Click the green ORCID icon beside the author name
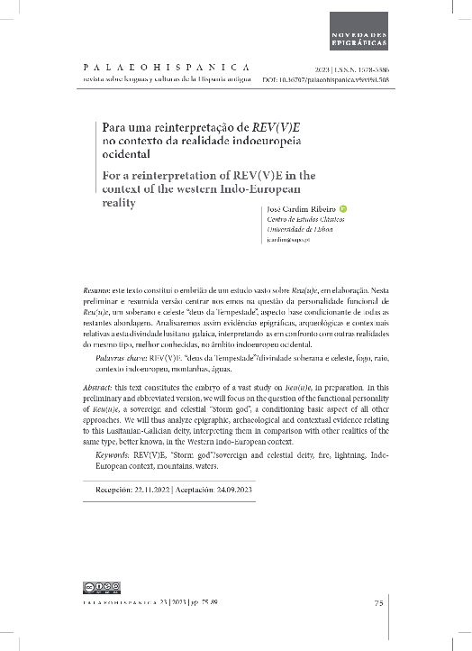[343, 210]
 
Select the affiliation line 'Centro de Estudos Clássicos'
[301, 221]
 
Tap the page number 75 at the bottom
[379, 602]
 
